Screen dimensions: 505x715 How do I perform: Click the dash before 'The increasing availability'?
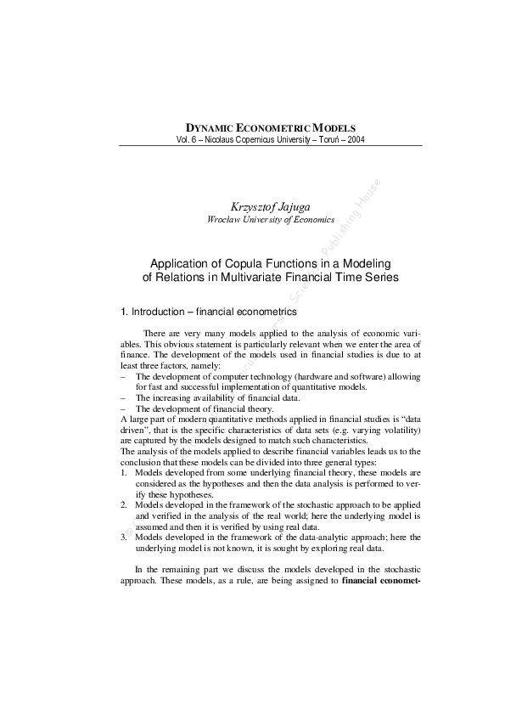click(x=124, y=397)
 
